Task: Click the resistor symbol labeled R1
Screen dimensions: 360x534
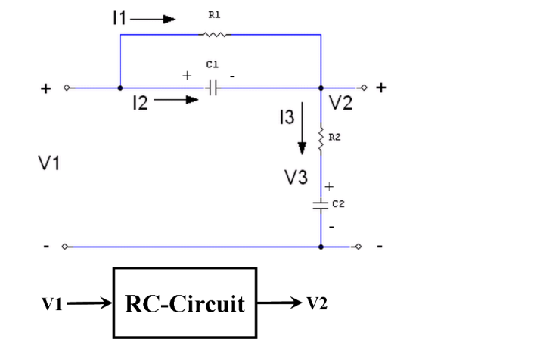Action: click(x=214, y=34)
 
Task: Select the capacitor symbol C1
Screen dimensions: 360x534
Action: click(x=213, y=88)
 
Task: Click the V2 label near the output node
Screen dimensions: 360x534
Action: click(x=341, y=104)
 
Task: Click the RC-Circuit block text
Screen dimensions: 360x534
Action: click(x=185, y=304)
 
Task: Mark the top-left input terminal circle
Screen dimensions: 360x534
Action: click(x=66, y=88)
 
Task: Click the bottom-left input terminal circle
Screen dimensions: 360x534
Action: click(x=66, y=247)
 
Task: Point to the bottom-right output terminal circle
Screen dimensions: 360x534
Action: click(x=357, y=247)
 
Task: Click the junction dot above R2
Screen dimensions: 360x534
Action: click(x=321, y=88)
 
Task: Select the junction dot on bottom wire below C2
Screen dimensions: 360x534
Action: click(x=321, y=247)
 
